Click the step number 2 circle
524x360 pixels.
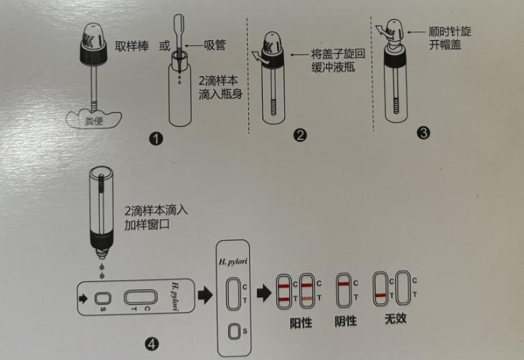coord(301,133)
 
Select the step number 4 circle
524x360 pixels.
coord(151,344)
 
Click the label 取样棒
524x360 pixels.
coord(132,46)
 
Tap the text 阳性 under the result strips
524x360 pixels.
coord(300,322)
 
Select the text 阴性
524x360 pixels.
coord(345,321)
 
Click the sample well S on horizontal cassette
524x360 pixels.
coord(103,299)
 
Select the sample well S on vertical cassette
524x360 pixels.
coord(234,332)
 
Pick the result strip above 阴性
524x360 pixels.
coord(344,290)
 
